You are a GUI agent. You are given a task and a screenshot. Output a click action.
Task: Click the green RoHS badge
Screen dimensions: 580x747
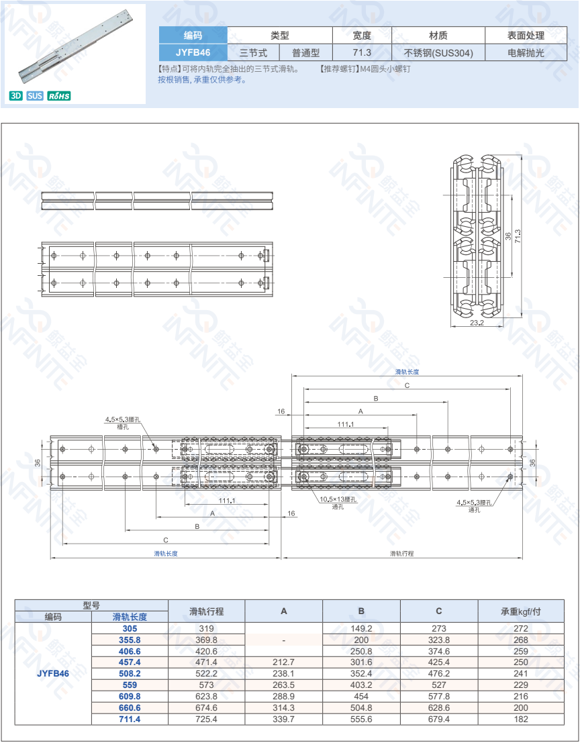(59, 96)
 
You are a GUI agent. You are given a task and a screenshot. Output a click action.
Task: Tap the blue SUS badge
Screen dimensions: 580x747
(35, 96)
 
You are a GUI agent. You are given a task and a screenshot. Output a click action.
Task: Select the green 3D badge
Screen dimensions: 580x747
(15, 96)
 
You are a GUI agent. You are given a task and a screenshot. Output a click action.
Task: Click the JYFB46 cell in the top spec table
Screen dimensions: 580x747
(193, 53)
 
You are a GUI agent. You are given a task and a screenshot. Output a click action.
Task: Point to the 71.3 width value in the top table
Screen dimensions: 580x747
(362, 53)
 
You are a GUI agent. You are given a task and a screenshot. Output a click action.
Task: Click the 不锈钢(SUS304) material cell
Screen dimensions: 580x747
(438, 53)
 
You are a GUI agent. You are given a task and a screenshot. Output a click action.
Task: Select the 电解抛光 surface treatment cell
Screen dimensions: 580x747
(526, 53)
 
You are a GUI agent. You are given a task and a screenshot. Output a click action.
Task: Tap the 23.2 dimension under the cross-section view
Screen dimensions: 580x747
(477, 323)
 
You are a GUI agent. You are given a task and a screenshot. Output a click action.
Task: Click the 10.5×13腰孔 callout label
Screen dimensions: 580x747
(338, 499)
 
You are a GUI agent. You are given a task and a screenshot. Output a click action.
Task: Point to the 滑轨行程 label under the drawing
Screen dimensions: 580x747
(401, 554)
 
